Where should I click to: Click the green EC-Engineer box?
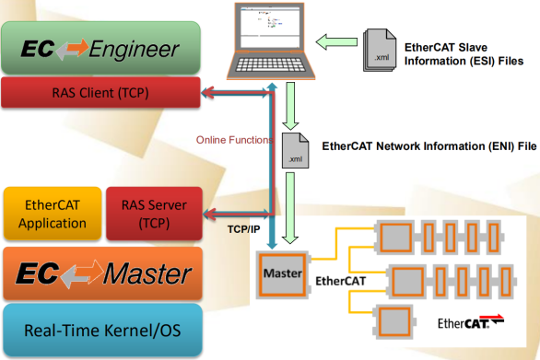(x=101, y=49)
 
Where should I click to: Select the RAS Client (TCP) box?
(x=101, y=92)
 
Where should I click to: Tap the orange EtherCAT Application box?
(x=53, y=214)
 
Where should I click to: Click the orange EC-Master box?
(x=101, y=273)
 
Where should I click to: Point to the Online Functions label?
(x=232, y=141)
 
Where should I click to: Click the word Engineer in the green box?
(x=135, y=49)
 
